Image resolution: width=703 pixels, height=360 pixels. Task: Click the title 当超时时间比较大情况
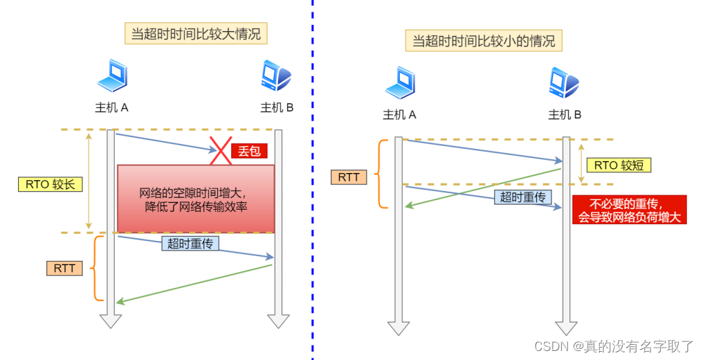pos(196,33)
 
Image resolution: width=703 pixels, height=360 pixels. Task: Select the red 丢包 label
pos(249,151)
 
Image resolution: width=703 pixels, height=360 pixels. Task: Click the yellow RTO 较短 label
pos(619,165)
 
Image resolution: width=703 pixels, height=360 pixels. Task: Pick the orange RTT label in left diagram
pos(64,268)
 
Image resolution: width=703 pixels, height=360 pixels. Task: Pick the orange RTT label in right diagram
pos(349,177)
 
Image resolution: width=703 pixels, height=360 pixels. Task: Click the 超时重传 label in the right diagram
pos(523,197)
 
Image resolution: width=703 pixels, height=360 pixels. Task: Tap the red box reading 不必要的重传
pos(629,210)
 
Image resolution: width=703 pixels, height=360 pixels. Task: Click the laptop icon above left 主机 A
pos(111,76)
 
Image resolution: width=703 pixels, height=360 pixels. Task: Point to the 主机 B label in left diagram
pos(277,107)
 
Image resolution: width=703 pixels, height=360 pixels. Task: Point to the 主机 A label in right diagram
pos(399,115)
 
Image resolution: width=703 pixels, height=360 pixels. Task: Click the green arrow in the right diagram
pos(484,187)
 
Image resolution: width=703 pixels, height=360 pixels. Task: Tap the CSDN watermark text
pos(614,345)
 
